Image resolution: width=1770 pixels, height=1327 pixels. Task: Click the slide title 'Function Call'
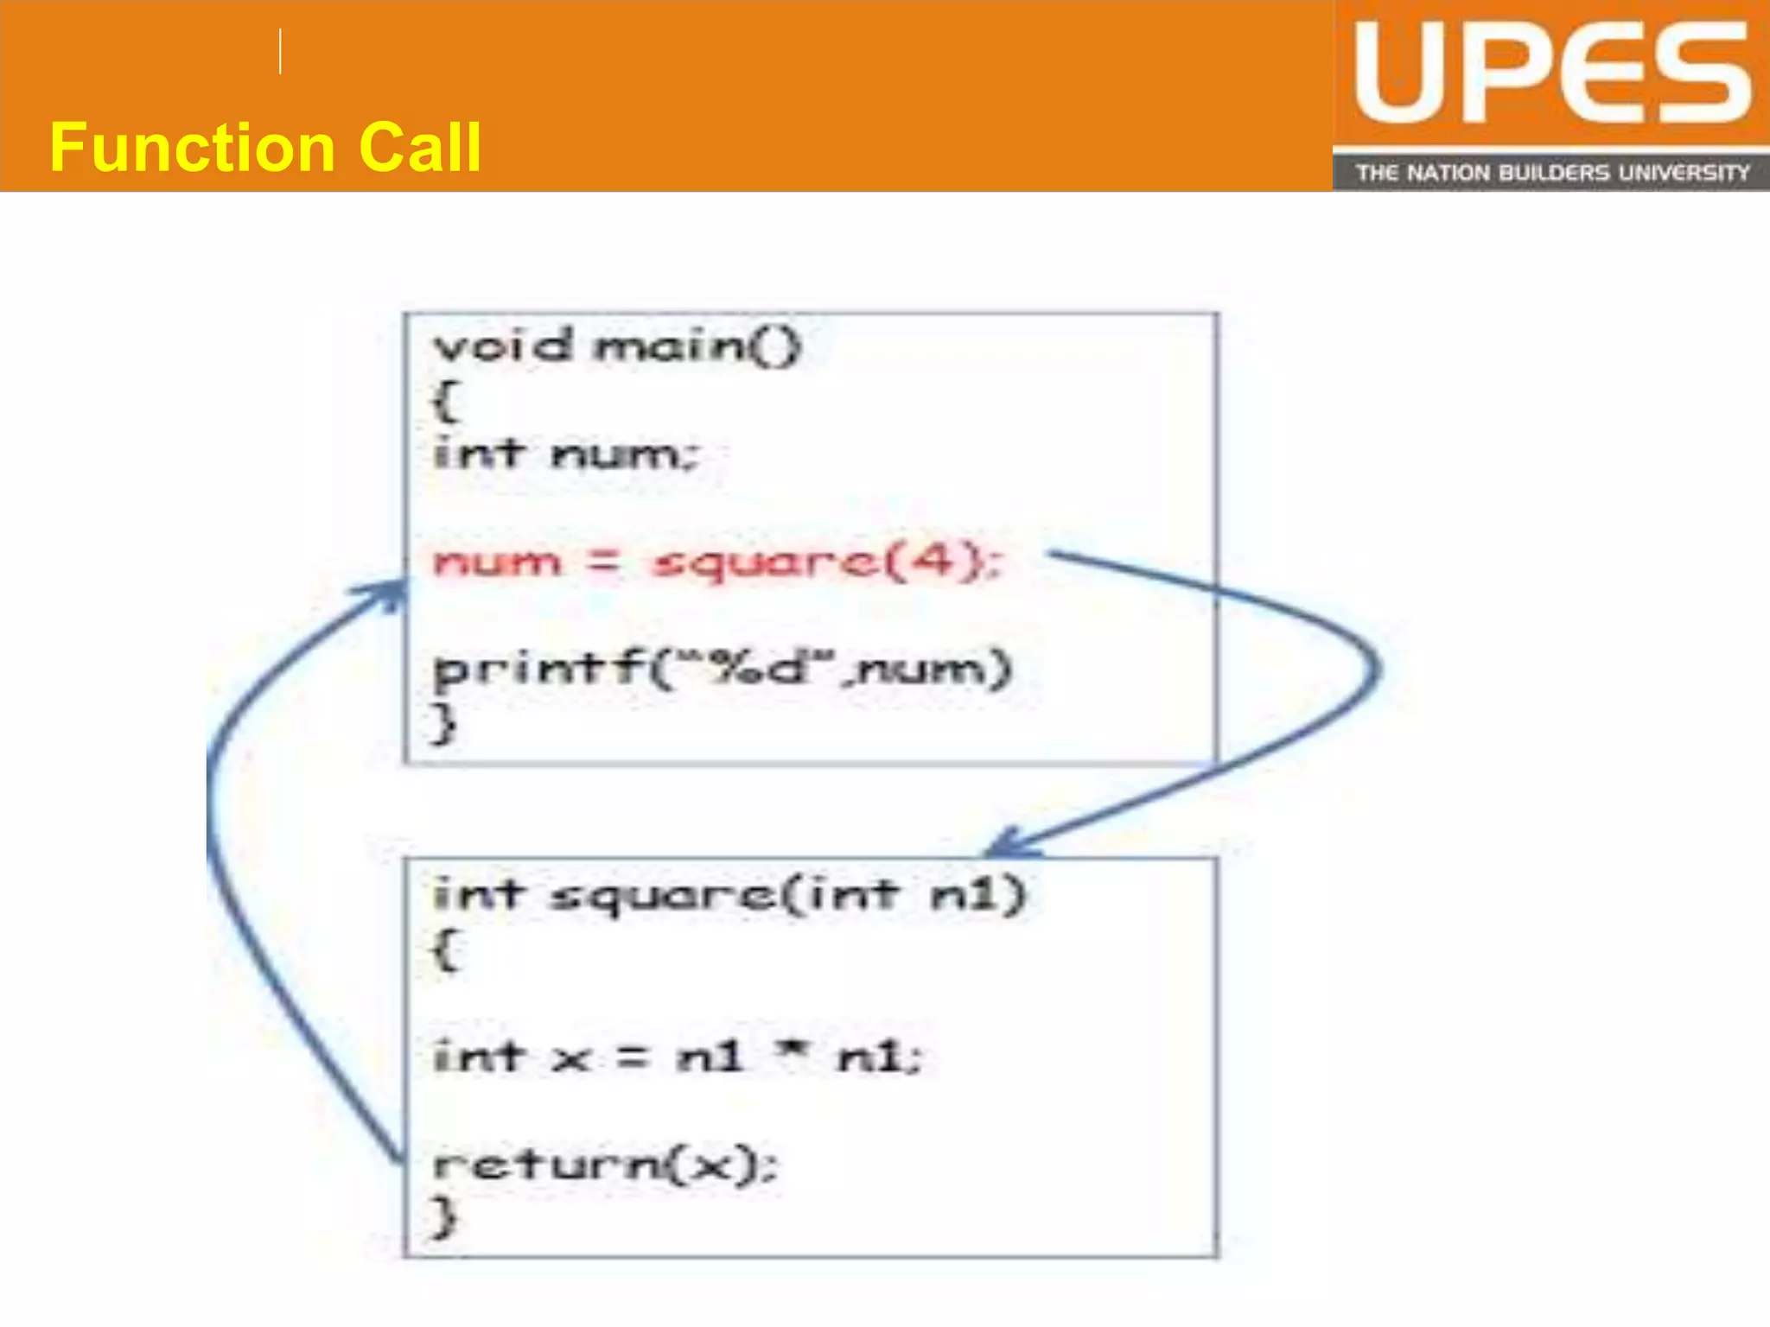point(264,148)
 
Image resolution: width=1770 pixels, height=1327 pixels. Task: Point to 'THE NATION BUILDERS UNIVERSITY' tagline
point(1551,173)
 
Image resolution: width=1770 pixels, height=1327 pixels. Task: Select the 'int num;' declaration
point(565,454)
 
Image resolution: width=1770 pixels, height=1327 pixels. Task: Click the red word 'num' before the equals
point(497,562)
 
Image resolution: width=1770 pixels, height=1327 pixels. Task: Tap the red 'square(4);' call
point(825,562)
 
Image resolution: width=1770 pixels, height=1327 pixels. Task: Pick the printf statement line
point(722,670)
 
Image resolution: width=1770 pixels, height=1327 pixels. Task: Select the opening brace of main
point(445,401)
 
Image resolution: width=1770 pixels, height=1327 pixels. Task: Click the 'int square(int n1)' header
point(729,895)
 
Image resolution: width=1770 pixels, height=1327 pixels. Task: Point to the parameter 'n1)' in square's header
point(977,895)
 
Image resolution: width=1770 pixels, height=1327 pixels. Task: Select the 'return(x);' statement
point(605,1165)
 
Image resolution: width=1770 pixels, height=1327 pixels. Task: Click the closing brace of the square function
point(443,1216)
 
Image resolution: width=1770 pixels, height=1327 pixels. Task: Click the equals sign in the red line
point(604,562)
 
